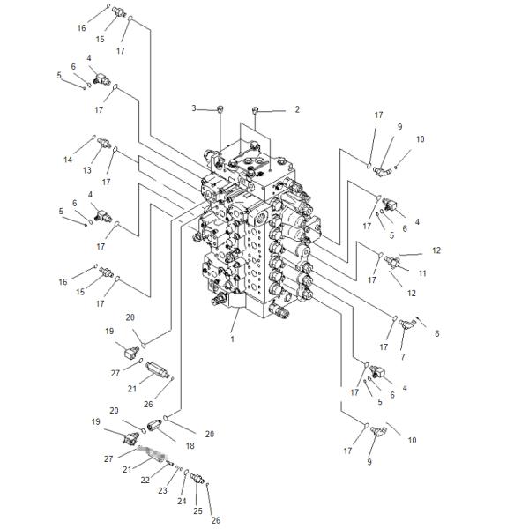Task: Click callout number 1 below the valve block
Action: click(x=231, y=339)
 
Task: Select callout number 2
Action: click(x=297, y=110)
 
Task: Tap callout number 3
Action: click(x=193, y=108)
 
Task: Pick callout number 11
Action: click(x=422, y=273)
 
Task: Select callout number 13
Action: click(x=87, y=170)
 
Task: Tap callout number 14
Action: click(x=67, y=160)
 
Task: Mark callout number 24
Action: click(x=183, y=501)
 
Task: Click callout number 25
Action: click(x=197, y=510)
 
